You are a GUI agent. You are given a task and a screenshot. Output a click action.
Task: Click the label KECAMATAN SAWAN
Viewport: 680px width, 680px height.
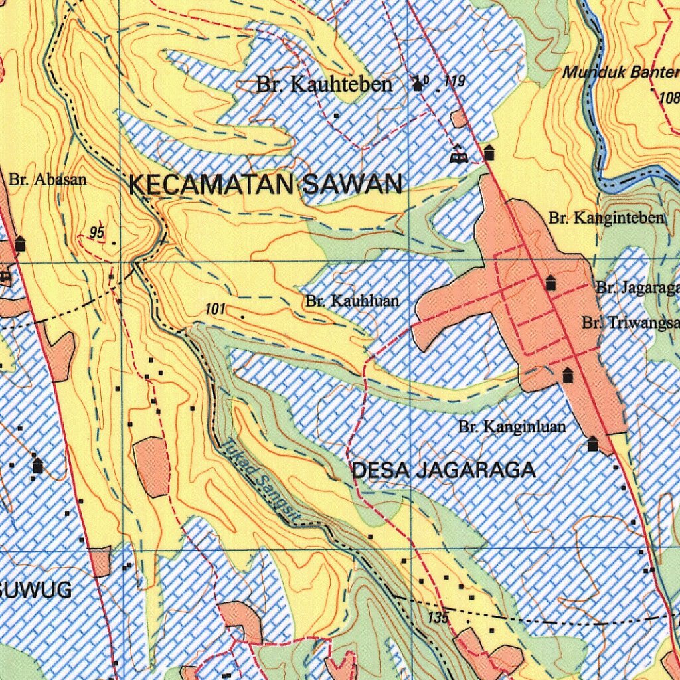click(x=265, y=184)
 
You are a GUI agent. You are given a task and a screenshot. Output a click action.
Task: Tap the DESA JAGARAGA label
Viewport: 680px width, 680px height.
click(x=443, y=471)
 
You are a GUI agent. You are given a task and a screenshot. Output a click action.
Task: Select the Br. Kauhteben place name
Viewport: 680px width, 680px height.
click(x=324, y=85)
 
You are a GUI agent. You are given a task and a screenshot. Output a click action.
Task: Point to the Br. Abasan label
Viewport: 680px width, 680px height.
click(x=48, y=179)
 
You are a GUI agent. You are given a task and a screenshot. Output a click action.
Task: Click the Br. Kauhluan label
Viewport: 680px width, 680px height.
click(x=353, y=301)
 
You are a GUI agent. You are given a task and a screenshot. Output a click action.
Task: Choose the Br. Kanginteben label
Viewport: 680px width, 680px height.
click(x=606, y=218)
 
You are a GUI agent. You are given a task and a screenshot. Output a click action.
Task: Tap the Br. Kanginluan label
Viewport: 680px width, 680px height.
click(x=512, y=426)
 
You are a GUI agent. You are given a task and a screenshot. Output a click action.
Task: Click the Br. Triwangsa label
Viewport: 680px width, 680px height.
click(x=631, y=323)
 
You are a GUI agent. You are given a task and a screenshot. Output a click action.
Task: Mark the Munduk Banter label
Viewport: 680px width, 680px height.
click(x=621, y=72)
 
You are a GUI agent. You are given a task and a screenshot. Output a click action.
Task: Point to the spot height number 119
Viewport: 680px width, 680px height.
click(x=454, y=82)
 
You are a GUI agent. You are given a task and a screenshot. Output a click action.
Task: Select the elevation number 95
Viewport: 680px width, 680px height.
click(x=98, y=232)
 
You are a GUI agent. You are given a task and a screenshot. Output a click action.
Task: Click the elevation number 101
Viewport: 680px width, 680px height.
click(x=216, y=309)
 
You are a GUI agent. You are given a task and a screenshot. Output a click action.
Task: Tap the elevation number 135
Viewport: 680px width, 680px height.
click(x=438, y=618)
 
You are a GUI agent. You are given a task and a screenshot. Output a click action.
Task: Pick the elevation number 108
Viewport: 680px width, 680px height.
click(x=669, y=98)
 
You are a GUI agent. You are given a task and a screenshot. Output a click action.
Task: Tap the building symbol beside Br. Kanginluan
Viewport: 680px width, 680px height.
click(x=592, y=444)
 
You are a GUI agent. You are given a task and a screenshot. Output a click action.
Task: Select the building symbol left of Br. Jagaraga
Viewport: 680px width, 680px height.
click(x=551, y=284)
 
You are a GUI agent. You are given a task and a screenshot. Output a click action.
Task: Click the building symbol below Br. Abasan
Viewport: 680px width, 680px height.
click(x=20, y=244)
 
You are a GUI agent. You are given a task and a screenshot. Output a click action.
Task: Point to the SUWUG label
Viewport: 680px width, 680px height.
click(x=37, y=590)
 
